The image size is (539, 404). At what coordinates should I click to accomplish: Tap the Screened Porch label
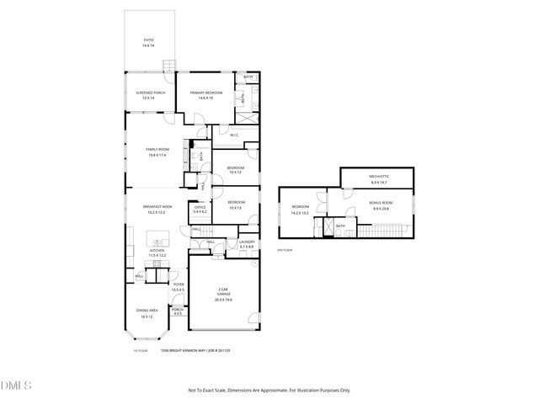(150, 95)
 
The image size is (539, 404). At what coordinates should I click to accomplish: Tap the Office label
(200, 208)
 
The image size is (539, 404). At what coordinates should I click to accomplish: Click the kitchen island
(157, 237)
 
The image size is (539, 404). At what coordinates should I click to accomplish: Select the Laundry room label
(247, 244)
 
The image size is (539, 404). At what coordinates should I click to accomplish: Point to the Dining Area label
(147, 313)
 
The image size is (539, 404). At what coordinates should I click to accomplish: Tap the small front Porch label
(178, 311)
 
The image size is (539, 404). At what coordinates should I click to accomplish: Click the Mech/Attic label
(377, 179)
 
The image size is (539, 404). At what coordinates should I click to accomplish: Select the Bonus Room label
(381, 205)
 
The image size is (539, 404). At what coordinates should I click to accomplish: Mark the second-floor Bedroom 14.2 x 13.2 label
(301, 210)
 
